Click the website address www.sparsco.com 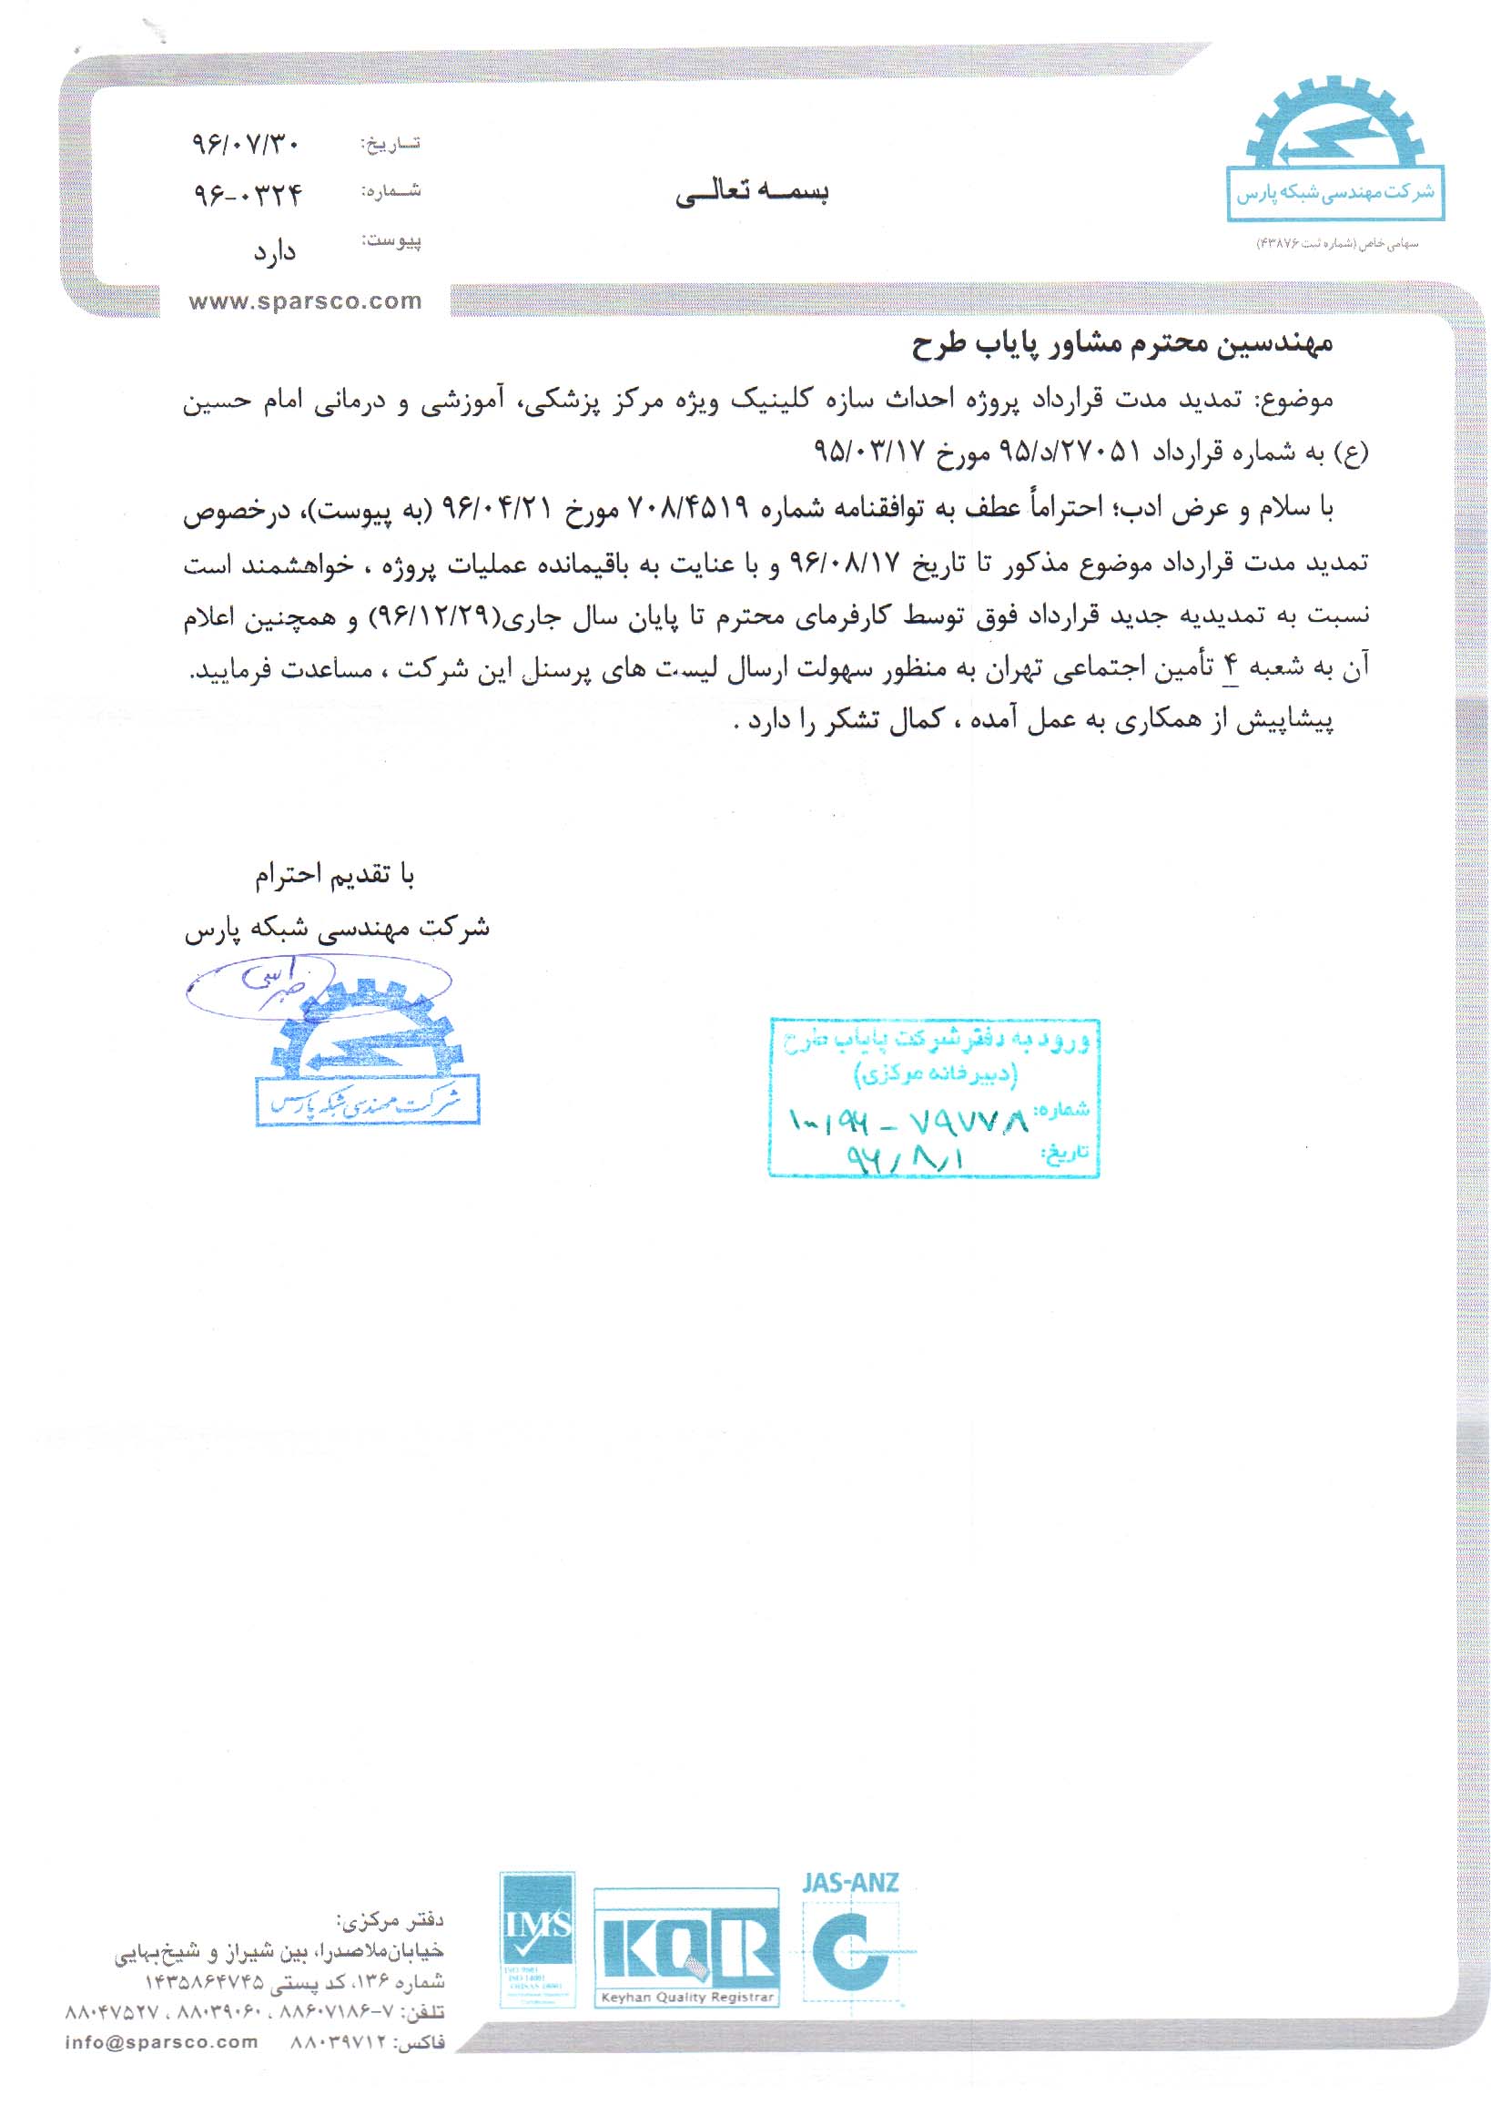pyautogui.click(x=305, y=302)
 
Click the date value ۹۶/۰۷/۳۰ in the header pyautogui.click(x=246, y=144)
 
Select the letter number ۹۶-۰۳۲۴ pyautogui.click(x=248, y=194)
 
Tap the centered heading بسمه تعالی pyautogui.click(x=752, y=192)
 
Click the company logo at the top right pyautogui.click(x=1334, y=152)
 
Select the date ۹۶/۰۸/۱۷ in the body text pyautogui.click(x=845, y=563)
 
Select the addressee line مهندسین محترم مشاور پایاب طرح pyautogui.click(x=1122, y=345)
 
